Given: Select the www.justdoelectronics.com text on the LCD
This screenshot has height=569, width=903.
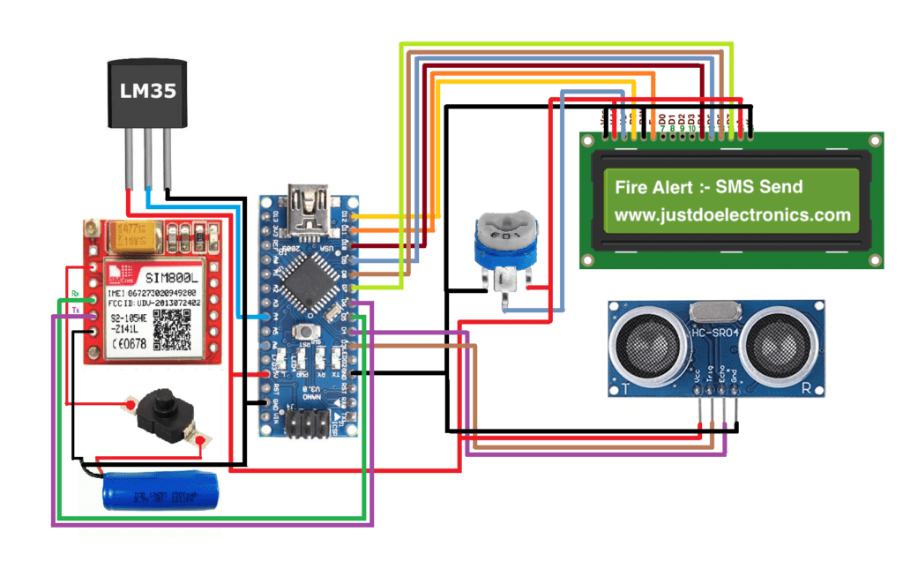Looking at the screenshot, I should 731,214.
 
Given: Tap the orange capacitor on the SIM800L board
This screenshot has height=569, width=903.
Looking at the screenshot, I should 130,236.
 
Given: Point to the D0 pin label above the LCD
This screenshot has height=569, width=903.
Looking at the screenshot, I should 661,117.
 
